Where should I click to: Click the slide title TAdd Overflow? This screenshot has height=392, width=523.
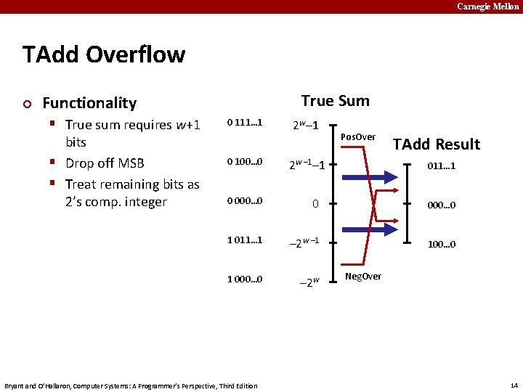coord(104,54)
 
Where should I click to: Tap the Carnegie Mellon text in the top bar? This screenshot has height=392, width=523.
coord(487,7)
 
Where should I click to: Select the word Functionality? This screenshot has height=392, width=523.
coord(89,103)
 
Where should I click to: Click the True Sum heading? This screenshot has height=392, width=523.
coord(335,101)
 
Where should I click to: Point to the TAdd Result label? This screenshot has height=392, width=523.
coord(437,144)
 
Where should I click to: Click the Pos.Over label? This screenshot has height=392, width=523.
coord(358,136)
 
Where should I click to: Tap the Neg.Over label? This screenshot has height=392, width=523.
coord(362,276)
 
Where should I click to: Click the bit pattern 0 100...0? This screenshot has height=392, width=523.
coord(244,161)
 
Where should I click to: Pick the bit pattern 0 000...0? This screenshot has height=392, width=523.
coord(244,200)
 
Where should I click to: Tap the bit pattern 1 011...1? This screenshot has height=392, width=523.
coord(244,240)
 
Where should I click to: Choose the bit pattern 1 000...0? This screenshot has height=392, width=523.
coord(244,279)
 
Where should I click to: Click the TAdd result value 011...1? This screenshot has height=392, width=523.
coord(441,166)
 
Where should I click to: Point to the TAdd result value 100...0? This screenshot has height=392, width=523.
coord(441,244)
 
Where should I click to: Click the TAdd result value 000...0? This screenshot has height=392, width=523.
coord(441,205)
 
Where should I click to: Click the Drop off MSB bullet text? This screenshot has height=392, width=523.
coord(105,163)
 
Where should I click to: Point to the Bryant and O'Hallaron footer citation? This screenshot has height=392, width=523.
coord(131,385)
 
